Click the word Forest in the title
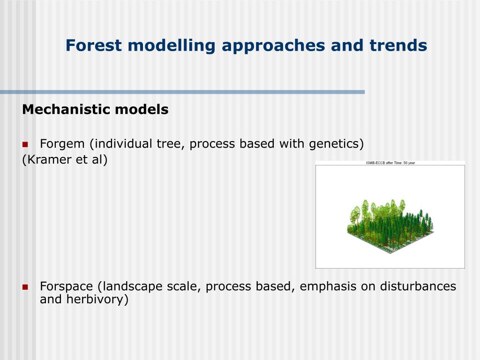(93, 45)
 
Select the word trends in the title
(398, 45)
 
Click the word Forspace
(67, 287)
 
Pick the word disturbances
(418, 286)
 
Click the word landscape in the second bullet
(132, 287)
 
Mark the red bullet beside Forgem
(25, 144)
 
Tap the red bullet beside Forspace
(25, 287)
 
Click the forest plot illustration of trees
(390, 226)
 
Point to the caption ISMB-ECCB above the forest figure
(375, 163)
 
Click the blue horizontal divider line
(182, 92)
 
